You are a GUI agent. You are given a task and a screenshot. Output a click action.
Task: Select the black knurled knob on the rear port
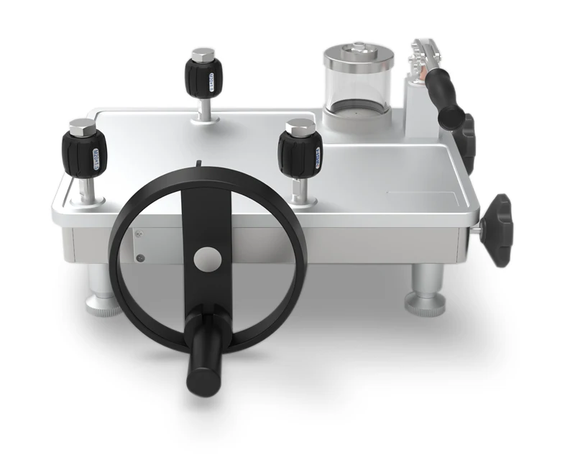(x=203, y=75)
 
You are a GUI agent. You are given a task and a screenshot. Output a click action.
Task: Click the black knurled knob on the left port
(x=88, y=152)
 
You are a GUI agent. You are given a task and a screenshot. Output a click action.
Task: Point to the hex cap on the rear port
(x=203, y=55)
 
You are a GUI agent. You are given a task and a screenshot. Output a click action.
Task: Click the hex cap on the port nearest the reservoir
(x=300, y=127)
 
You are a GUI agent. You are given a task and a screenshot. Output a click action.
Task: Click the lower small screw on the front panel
(x=141, y=257)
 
